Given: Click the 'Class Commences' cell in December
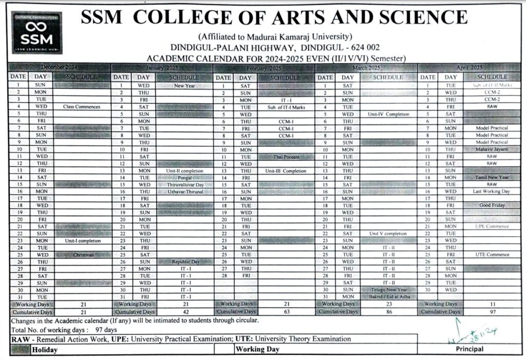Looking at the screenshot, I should pos(82,107).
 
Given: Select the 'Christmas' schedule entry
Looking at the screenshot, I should pos(82,255).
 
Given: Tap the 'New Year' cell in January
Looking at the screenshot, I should pos(184,86).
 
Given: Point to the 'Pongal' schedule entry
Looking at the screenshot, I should pos(184,177).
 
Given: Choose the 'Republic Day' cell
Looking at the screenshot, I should pos(185,261).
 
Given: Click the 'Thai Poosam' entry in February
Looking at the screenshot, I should pos(286,156).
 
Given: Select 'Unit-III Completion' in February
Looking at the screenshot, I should pos(286,170).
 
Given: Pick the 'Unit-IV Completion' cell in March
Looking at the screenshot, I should pos(389,114).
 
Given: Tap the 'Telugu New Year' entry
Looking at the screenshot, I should pos(389,290).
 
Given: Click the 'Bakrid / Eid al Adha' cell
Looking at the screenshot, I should pos(389,297).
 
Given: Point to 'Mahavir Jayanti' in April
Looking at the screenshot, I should pos(492,149).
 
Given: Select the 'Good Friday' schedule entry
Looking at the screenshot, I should pos(492,205).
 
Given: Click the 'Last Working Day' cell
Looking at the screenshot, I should pos(492,191).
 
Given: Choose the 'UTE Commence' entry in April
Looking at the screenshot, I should pos(492,255).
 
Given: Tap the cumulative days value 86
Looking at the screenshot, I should pos(389,312).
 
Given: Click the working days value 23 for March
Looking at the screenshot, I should pos(389,305).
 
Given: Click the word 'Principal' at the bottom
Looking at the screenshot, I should pos(469,349).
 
